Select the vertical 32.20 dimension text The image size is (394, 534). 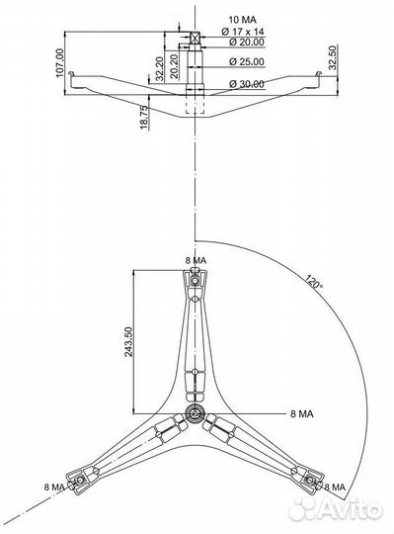[160, 69]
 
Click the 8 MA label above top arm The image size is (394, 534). [196, 259]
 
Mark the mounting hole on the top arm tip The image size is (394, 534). [196, 279]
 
